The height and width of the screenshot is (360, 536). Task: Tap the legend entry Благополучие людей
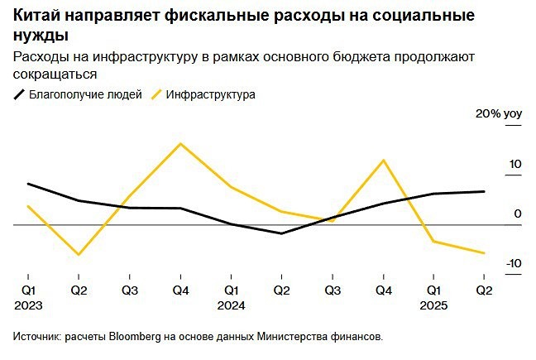tap(85, 94)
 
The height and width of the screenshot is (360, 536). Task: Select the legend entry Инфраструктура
tap(210, 94)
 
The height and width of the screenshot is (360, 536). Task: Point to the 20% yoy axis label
tap(496, 113)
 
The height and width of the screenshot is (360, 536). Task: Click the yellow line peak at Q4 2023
tap(180, 144)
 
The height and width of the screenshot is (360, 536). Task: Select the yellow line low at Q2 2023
tap(79, 254)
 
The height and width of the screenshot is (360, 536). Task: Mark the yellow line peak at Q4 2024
tap(383, 161)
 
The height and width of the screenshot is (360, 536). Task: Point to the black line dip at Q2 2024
tap(282, 233)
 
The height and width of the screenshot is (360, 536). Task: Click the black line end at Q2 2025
tap(484, 191)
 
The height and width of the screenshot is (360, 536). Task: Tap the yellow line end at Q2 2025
tap(484, 253)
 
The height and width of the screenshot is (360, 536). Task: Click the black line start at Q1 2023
tap(28, 184)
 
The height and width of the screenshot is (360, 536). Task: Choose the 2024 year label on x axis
tap(232, 305)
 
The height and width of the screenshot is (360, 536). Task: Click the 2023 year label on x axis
tap(29, 305)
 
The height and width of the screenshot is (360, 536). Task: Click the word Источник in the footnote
tap(36, 337)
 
